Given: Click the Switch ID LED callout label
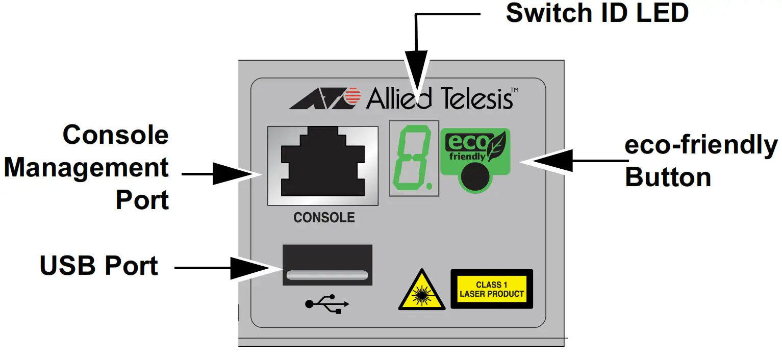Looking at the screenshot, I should (597, 13).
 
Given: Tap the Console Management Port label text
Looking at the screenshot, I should (87, 168).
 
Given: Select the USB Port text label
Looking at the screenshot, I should (99, 266).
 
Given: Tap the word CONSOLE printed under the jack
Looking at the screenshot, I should (324, 218).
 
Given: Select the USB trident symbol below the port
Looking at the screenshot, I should (327, 304).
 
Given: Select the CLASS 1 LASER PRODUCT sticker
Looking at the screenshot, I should (492, 289).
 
